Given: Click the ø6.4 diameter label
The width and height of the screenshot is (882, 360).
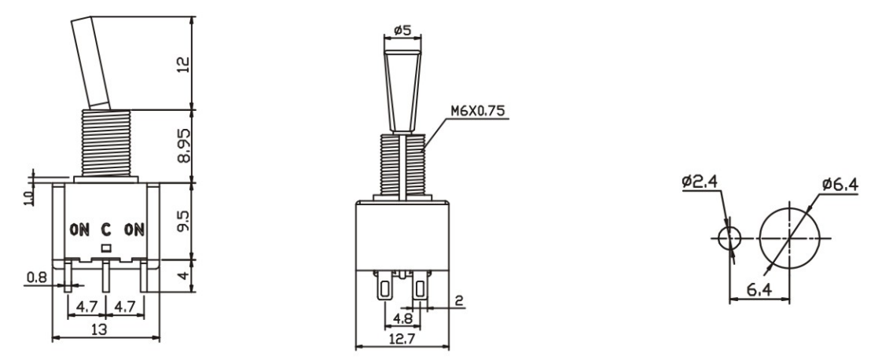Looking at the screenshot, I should tap(840, 185).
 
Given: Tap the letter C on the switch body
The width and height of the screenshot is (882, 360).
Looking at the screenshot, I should tap(107, 230).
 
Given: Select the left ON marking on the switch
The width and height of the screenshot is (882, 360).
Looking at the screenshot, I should tap(80, 230).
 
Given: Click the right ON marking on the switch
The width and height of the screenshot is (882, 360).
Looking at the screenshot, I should tap(134, 230).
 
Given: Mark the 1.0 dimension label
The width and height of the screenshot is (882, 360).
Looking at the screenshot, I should tap(28, 196).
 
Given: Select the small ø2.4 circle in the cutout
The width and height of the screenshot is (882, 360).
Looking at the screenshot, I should tap(731, 237).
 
